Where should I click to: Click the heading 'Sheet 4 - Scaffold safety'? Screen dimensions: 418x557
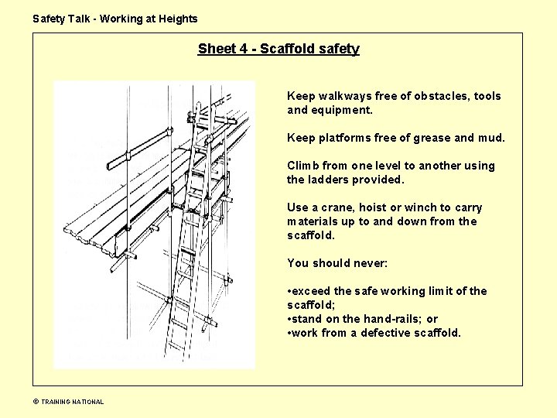pyautogui.click(x=278, y=49)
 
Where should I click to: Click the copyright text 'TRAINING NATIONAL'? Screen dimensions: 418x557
pyautogui.click(x=72, y=402)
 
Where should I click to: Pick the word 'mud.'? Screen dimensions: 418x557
pyautogui.click(x=490, y=138)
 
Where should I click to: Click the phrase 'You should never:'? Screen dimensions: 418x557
pyautogui.click(x=337, y=263)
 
